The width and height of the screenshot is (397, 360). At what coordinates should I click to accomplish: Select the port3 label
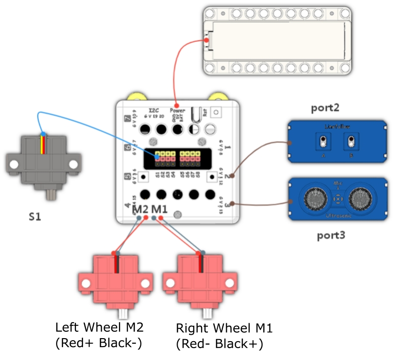[331, 235]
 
